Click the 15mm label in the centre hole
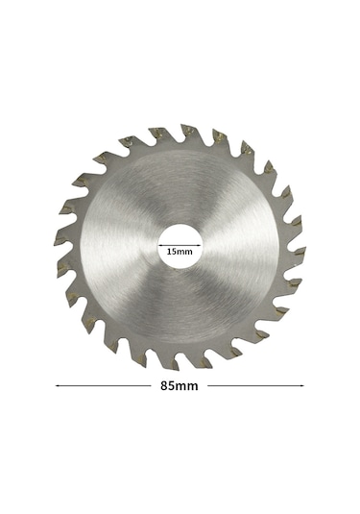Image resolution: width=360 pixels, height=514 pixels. point(180,252)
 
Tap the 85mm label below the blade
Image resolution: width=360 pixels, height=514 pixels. point(180,386)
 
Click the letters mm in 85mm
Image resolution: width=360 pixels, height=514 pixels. point(187,386)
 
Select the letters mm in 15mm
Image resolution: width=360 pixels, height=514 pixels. point(185,252)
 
